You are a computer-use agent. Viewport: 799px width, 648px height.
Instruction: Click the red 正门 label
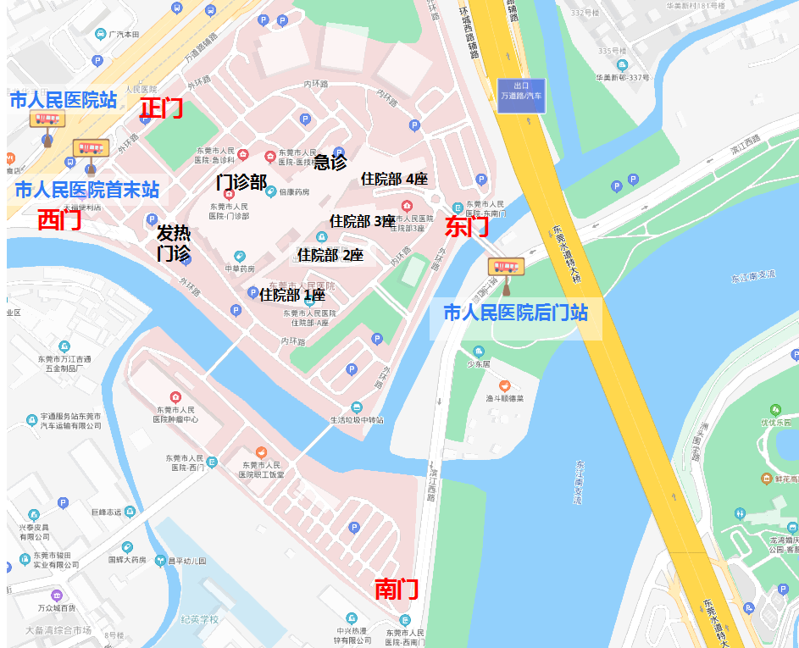click(x=161, y=108)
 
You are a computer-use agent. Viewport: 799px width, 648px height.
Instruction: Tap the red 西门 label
click(x=59, y=220)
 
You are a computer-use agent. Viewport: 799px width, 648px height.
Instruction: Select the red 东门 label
click(x=467, y=226)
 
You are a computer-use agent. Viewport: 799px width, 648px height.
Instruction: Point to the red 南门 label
click(x=397, y=590)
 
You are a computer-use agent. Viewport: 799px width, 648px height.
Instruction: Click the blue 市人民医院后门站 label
click(x=515, y=313)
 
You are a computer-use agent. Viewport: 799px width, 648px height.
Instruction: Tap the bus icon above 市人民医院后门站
click(x=506, y=268)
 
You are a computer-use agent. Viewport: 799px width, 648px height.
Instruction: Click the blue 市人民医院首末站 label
click(x=86, y=190)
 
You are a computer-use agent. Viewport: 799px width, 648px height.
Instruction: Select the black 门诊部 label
click(x=241, y=182)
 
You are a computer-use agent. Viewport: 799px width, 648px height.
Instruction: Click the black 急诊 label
click(x=330, y=162)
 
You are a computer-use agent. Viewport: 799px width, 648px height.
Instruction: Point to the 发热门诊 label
click(x=173, y=242)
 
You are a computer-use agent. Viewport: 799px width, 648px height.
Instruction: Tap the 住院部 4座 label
click(x=394, y=179)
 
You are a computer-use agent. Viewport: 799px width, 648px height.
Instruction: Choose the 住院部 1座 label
click(x=292, y=295)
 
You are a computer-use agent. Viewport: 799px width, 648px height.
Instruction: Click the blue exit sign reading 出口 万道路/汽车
click(x=521, y=91)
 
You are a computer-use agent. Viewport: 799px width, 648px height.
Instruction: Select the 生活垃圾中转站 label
click(x=358, y=420)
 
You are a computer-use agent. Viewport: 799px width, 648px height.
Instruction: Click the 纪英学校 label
click(x=199, y=619)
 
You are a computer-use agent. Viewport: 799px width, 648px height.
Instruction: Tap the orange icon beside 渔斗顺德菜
click(x=504, y=385)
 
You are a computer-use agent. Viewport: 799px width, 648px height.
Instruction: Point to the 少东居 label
click(x=480, y=365)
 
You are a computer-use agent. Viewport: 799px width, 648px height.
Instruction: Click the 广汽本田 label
click(x=125, y=35)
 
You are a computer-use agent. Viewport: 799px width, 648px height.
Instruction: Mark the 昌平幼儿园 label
click(x=187, y=560)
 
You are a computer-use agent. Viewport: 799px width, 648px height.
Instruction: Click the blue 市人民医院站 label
click(x=63, y=100)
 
